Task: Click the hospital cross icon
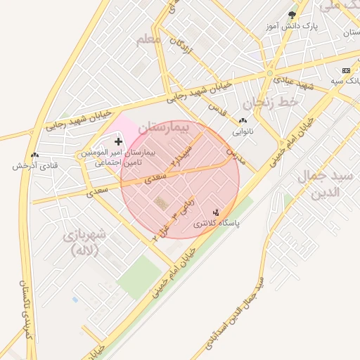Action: click(x=118, y=142)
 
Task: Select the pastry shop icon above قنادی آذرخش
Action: click(x=34, y=155)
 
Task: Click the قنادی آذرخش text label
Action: click(x=34, y=167)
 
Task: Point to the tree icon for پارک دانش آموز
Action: click(x=292, y=15)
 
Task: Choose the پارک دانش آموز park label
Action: click(x=292, y=27)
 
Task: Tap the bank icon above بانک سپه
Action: click(x=346, y=71)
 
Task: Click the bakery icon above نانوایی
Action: click(x=243, y=121)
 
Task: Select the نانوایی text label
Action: click(x=243, y=131)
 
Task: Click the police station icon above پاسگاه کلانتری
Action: click(x=216, y=212)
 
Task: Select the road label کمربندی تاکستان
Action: click(x=27, y=310)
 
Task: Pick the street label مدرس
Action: click(x=235, y=155)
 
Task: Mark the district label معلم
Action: click(x=149, y=39)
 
